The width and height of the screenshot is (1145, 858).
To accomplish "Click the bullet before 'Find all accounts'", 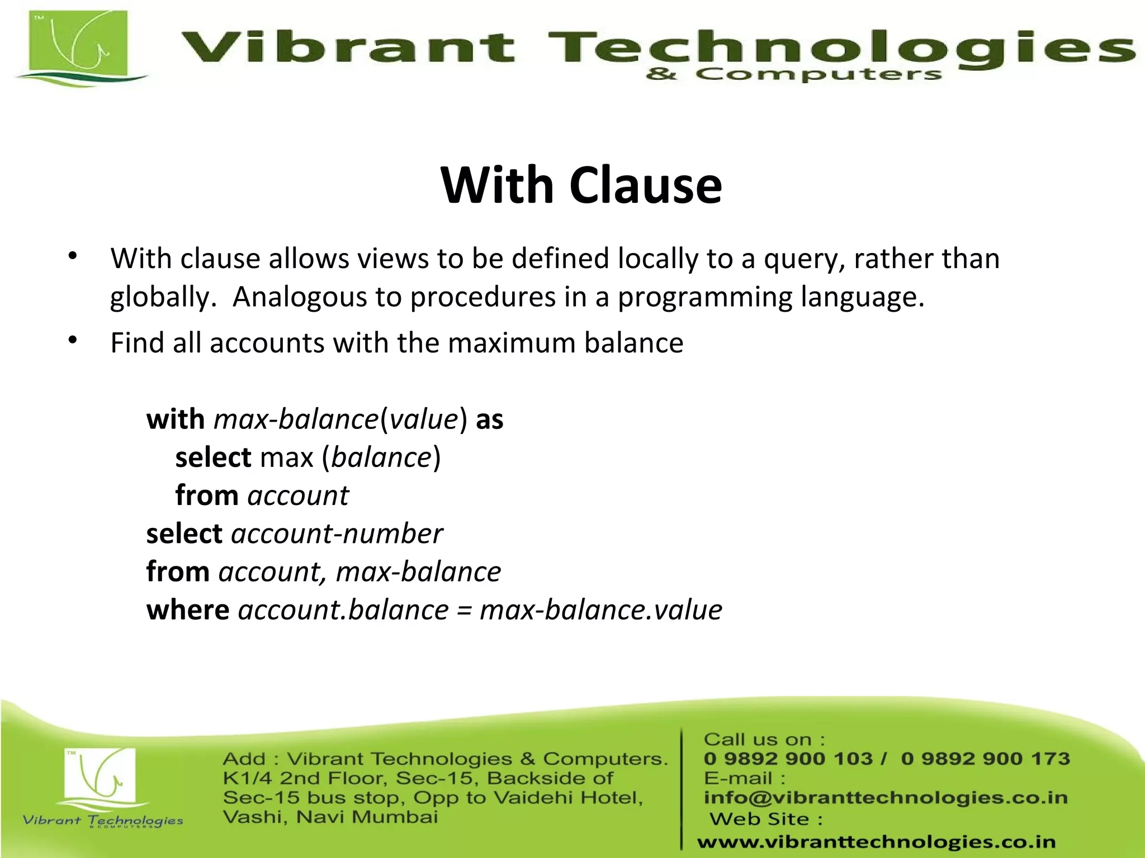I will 72,340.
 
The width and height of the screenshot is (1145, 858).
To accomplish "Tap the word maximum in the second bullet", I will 512,342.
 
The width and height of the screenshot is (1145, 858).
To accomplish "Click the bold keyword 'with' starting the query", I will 176,419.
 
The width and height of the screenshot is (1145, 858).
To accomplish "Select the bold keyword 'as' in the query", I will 489,419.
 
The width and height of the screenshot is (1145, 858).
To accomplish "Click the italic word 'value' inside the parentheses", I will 423,419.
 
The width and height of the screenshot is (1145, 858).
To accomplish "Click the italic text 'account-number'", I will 337,533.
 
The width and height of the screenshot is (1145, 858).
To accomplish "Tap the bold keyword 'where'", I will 187,609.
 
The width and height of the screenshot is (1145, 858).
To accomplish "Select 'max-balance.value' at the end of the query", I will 600,609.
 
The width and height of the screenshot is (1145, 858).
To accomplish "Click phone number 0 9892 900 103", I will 788,759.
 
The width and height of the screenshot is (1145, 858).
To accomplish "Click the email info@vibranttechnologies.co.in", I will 885,798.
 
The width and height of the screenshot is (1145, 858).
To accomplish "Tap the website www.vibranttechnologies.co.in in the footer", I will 876,841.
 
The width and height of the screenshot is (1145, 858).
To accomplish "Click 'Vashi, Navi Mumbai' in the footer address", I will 330,817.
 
